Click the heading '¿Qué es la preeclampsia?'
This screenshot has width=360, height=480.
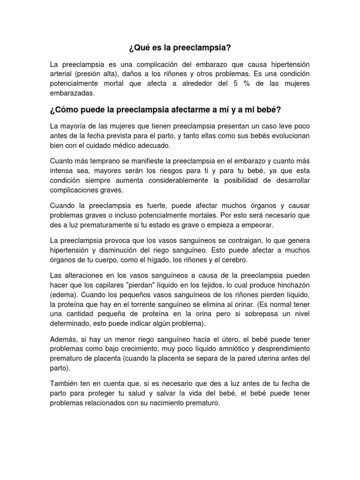coord(180,48)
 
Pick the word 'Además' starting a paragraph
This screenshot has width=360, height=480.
coord(62,339)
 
